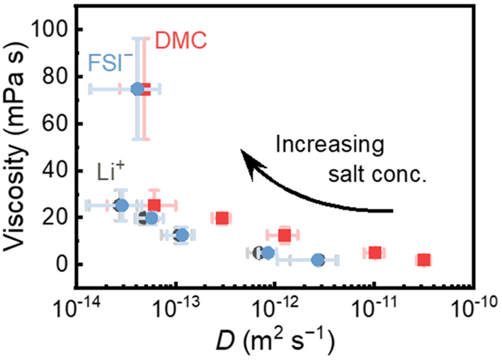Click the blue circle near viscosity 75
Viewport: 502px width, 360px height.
click(137, 89)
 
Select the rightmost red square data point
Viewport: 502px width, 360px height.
click(423, 260)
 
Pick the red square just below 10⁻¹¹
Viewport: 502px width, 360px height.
click(375, 253)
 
